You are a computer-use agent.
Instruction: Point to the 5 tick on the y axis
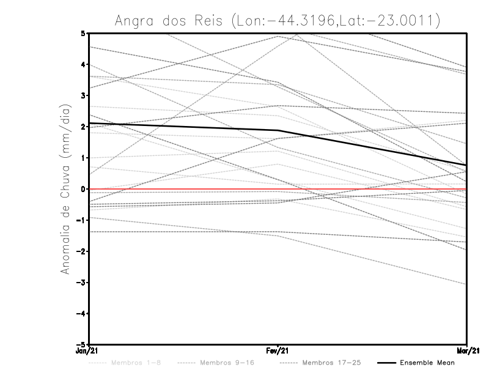[x=83, y=33]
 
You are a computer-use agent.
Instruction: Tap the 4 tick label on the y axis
[x=83, y=64]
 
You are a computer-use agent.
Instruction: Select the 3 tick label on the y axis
[x=83, y=95]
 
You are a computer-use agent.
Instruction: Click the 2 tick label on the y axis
[x=83, y=127]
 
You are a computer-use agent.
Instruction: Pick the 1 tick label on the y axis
[x=83, y=158]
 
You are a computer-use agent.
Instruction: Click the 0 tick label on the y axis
[x=83, y=189]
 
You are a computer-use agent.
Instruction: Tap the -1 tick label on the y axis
[x=81, y=220]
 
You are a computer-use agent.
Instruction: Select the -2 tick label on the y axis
[x=81, y=251]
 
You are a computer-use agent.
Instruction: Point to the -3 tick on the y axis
[x=81, y=283]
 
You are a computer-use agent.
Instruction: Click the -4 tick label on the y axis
[x=81, y=314]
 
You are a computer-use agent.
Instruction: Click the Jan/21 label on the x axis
[x=86, y=352]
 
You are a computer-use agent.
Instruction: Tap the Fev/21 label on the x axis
[x=278, y=352]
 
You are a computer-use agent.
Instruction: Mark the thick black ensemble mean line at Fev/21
[x=278, y=130]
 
